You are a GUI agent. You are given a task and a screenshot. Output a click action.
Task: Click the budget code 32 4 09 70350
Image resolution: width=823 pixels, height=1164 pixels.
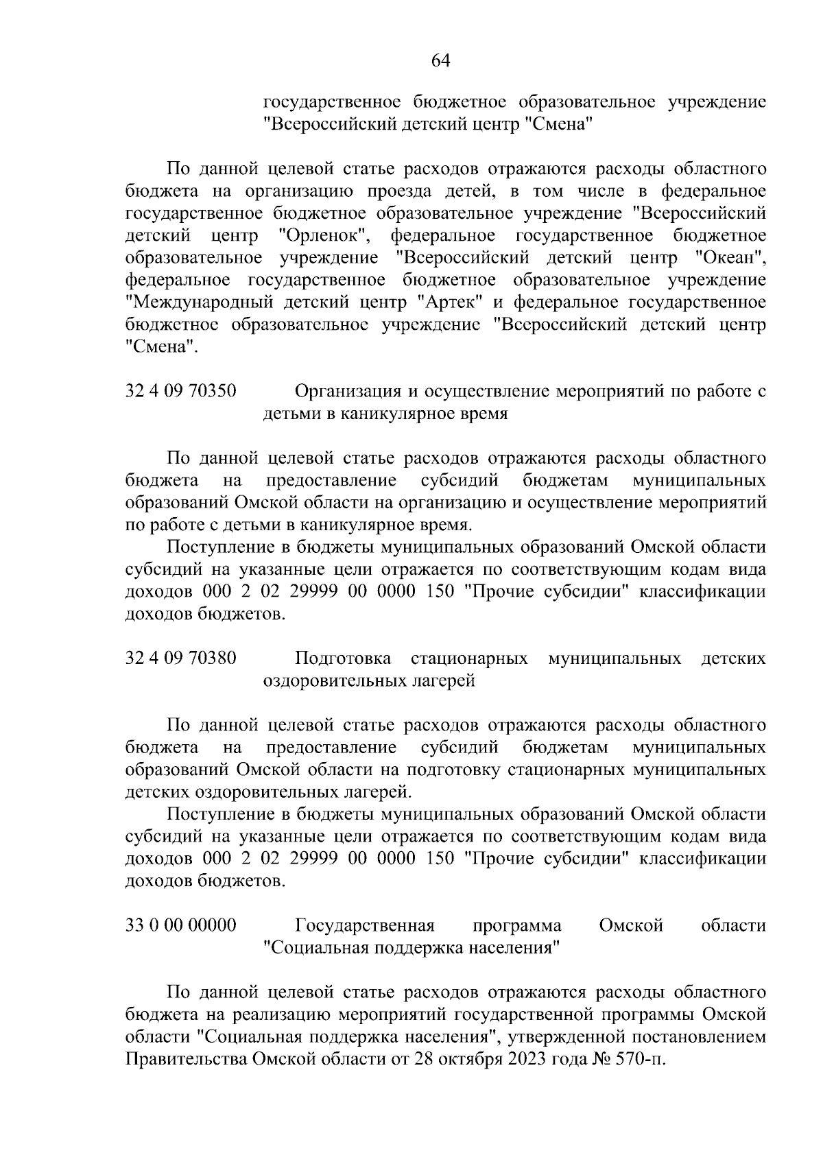click(181, 392)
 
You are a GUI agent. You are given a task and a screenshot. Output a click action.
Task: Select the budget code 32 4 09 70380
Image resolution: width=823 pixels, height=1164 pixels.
click(181, 658)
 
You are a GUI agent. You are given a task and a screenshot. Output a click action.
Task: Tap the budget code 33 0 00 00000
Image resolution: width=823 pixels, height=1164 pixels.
click(181, 926)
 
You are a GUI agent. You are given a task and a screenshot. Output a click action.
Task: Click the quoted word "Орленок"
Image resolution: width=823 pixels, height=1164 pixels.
click(325, 237)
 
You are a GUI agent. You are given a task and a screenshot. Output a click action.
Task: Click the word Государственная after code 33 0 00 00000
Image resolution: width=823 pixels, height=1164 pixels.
click(365, 926)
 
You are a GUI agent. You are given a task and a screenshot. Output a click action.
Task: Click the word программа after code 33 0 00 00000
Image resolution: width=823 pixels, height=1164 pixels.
click(517, 926)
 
